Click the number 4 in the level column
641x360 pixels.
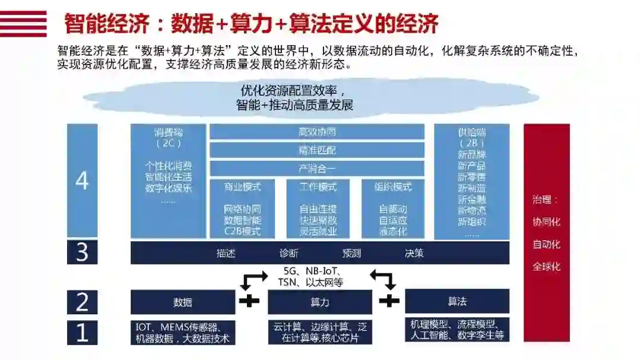point(82,181)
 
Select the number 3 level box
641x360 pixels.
point(82,253)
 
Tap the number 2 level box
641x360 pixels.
point(82,302)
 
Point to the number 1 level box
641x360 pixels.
point(82,333)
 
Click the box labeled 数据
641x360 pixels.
point(183,302)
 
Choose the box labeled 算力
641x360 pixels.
point(320,302)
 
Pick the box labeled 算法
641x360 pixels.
point(457,301)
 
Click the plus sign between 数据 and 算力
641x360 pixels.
point(249,301)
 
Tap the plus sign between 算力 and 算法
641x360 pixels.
point(389,301)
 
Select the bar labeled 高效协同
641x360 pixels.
point(317,132)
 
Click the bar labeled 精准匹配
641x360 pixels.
point(317,150)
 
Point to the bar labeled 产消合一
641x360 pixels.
point(317,168)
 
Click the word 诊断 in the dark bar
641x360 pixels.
point(289,253)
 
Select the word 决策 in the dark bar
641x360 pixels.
point(414,253)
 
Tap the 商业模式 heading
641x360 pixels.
point(242,187)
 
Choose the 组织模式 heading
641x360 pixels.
point(393,187)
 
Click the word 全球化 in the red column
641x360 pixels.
point(546,266)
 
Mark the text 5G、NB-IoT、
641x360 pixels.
point(314,272)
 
